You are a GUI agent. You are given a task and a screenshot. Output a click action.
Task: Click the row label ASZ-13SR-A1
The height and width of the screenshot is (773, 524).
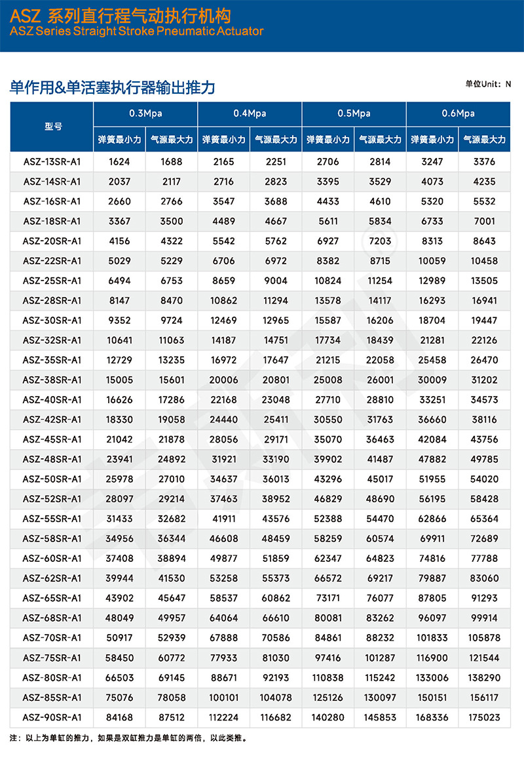pyautogui.click(x=52, y=161)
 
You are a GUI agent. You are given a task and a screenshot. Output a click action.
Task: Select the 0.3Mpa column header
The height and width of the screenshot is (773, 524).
pyautogui.click(x=145, y=113)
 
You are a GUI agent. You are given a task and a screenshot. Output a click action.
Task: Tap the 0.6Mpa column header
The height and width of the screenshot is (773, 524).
pyautogui.click(x=458, y=113)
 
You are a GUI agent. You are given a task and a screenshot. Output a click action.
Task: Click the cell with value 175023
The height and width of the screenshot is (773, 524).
pyautogui.click(x=484, y=717)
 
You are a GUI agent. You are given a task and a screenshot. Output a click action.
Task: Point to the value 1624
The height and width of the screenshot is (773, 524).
pyautogui.click(x=119, y=161)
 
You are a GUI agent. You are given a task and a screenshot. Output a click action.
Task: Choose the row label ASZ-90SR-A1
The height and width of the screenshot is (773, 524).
pyautogui.click(x=52, y=717)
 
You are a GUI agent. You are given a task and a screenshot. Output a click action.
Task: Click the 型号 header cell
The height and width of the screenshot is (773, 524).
pyautogui.click(x=53, y=127)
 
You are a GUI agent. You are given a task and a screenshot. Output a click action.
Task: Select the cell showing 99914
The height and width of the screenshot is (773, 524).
pyautogui.click(x=484, y=618)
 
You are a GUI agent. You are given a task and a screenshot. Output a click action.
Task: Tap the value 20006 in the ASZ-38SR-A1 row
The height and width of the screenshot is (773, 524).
pyautogui.click(x=223, y=380)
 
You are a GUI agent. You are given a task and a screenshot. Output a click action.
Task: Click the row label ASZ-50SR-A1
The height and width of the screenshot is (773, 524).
pyautogui.click(x=52, y=479)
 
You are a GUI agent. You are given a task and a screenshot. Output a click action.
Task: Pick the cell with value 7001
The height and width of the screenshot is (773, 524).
pyautogui.click(x=484, y=221)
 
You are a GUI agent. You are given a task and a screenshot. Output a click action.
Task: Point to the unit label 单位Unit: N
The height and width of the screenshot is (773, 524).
pyautogui.click(x=488, y=84)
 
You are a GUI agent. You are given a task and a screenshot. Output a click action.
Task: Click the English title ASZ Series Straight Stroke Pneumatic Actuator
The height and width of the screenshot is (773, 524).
pyautogui.click(x=137, y=31)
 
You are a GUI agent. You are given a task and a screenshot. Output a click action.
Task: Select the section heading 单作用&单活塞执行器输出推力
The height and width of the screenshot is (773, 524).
pyautogui.click(x=113, y=87)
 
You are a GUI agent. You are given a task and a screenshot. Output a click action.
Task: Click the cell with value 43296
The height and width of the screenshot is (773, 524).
pyautogui.click(x=327, y=479)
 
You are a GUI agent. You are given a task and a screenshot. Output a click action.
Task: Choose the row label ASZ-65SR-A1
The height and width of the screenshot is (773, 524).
pyautogui.click(x=52, y=598)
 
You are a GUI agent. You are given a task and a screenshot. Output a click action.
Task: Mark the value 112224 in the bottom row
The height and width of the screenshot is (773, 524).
pyautogui.click(x=223, y=717)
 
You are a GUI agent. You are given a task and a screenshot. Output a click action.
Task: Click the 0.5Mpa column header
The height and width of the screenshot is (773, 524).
pyautogui.click(x=354, y=113)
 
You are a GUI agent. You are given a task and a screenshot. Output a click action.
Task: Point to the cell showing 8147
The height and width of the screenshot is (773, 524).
pyautogui.click(x=119, y=300)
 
